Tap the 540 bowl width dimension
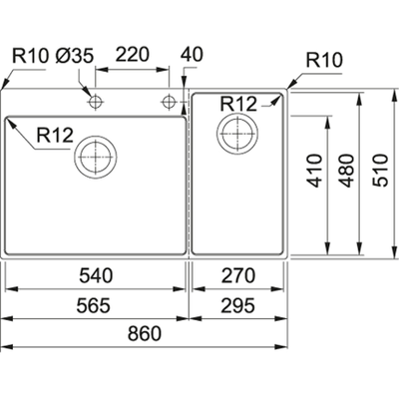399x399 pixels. (x=94, y=275)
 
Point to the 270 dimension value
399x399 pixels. (x=241, y=275)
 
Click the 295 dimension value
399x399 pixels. (x=241, y=305)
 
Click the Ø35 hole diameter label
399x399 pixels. (x=78, y=56)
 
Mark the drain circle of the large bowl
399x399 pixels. (x=96, y=156)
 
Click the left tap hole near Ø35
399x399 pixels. (x=96, y=102)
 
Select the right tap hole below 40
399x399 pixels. (x=169, y=102)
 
